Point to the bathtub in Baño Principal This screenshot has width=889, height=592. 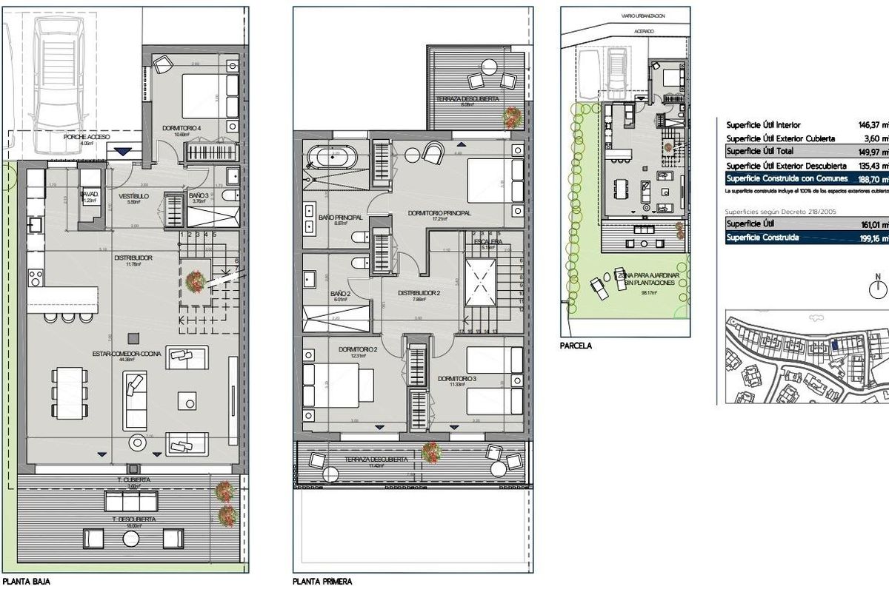332,158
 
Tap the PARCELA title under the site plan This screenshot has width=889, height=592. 577,345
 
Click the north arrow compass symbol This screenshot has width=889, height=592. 879,289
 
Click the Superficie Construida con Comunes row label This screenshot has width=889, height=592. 785,178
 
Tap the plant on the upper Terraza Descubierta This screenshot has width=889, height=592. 512,115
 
